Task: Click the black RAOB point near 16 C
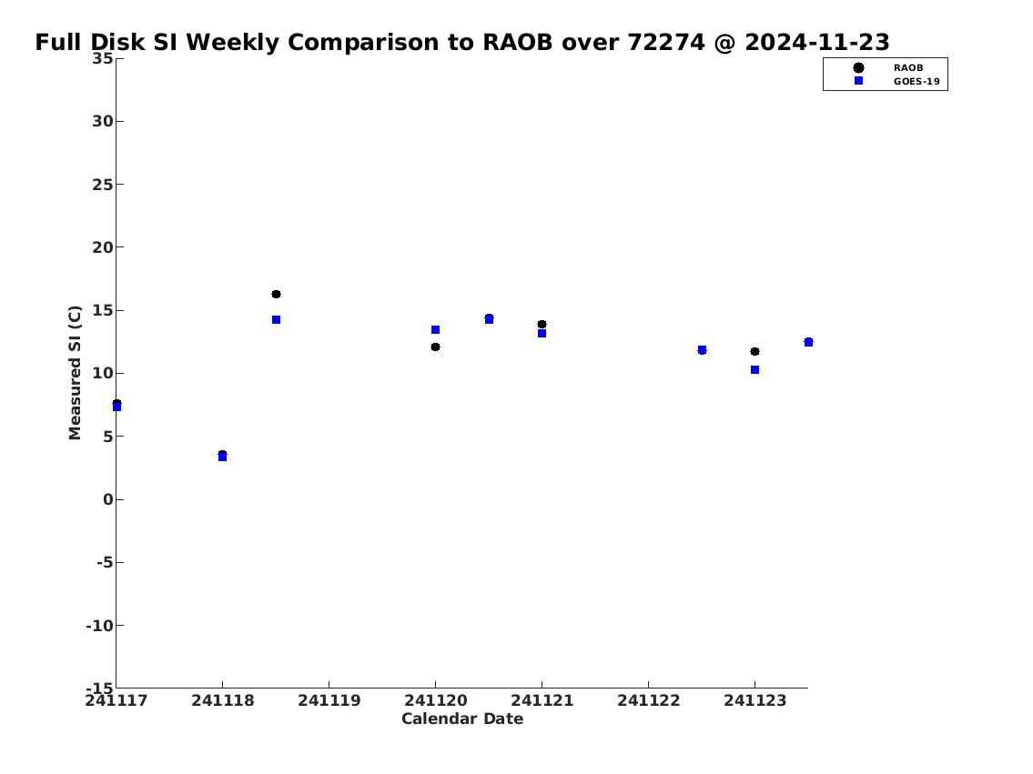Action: point(276,294)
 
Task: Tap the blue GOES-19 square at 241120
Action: point(435,330)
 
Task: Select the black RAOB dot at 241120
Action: point(435,347)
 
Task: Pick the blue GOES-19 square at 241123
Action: point(755,370)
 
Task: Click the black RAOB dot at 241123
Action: point(755,351)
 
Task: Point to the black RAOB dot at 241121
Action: point(542,325)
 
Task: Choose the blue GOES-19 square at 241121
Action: point(542,334)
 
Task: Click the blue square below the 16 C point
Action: point(276,320)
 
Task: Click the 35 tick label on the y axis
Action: point(102,58)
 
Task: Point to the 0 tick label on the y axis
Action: point(108,499)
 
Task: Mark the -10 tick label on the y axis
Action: point(99,625)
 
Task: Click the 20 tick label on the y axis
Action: point(102,247)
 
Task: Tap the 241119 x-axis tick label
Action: point(329,700)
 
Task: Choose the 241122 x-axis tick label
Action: point(648,700)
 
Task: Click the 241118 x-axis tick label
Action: point(223,700)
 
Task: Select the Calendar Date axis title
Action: point(462,719)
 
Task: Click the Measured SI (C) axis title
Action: point(76,373)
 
